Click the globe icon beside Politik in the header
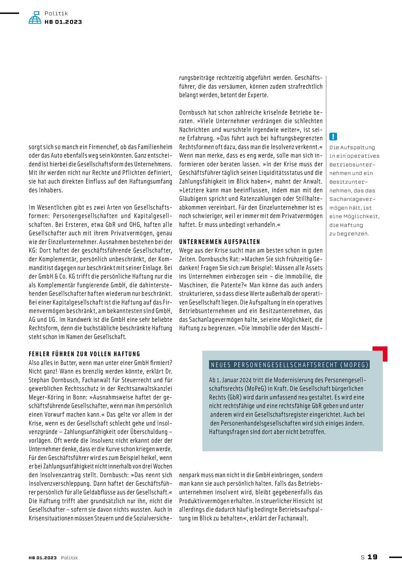pos(35,18)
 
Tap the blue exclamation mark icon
pos(333,137)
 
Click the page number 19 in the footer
pos(373,557)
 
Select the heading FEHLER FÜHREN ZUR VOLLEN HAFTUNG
pos(85,354)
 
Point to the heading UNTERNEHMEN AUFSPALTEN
pos(219,242)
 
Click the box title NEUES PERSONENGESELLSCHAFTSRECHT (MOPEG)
pos(289,365)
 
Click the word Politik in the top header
pos(56,13)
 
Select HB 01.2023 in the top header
pos(63,22)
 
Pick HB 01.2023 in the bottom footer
pos(43,558)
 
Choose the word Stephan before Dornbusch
pos(40,380)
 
